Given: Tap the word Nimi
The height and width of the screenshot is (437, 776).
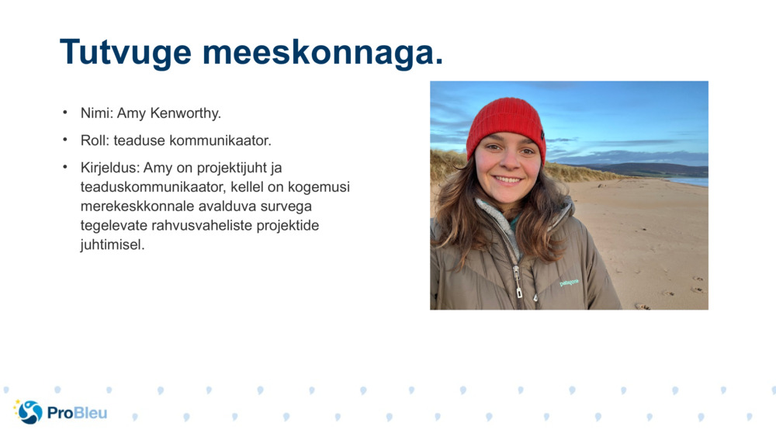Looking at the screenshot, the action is [95, 113].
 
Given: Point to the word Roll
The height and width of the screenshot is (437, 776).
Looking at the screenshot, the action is [93, 140].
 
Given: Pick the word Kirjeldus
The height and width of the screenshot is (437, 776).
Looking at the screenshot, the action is [108, 168].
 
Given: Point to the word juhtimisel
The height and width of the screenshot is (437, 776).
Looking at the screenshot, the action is [111, 245].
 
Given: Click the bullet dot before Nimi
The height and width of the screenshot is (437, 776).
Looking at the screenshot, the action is [65, 113].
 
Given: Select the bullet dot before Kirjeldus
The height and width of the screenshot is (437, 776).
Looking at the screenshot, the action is [65, 167].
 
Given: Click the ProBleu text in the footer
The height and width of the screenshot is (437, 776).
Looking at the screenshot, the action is [77, 412].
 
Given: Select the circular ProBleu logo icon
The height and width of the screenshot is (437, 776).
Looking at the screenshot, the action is [29, 411].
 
